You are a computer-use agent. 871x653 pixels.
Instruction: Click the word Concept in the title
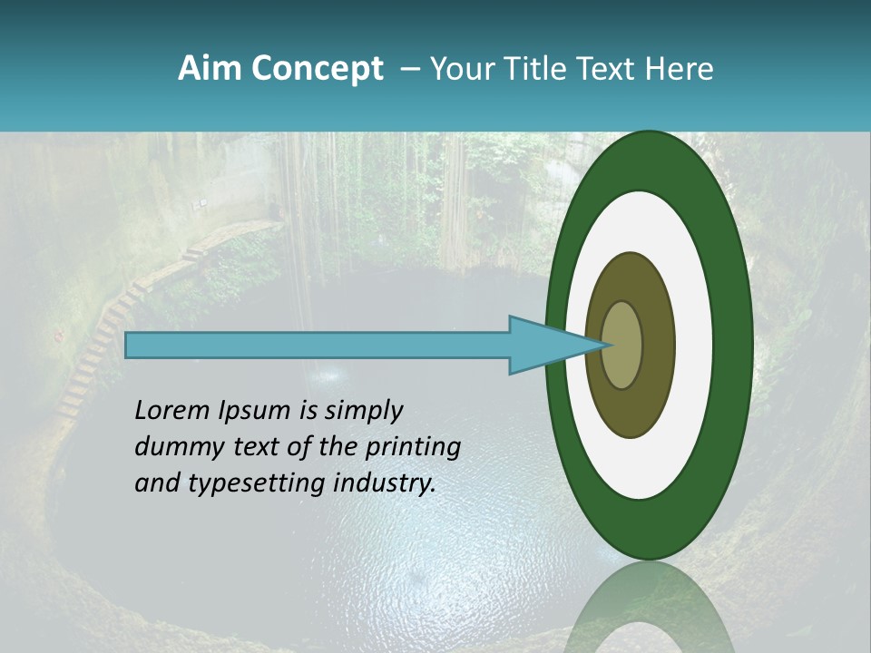[317, 69]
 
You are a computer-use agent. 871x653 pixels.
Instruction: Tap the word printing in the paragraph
[413, 448]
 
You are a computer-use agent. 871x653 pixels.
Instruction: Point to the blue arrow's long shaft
[318, 346]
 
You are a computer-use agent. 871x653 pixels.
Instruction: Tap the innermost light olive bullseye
[622, 345]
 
